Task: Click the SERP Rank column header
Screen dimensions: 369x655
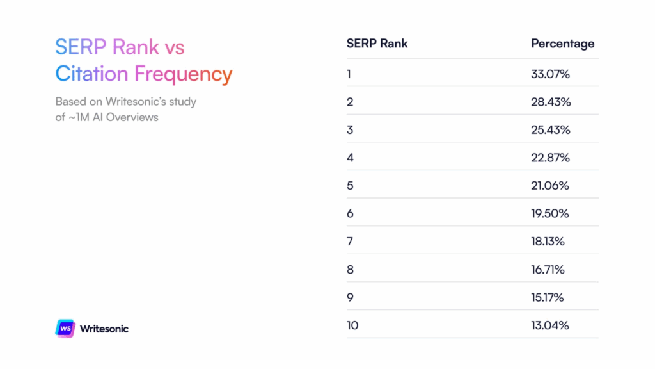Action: tap(377, 44)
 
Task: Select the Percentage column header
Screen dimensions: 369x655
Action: tap(562, 44)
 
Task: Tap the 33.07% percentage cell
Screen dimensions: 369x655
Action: tap(550, 74)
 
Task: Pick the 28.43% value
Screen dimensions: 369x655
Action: tap(551, 102)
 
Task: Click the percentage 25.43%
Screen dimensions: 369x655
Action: tap(551, 129)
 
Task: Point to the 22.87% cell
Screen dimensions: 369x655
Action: tap(551, 158)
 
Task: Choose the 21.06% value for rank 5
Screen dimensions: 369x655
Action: tap(550, 186)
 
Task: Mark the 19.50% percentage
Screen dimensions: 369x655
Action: tap(550, 213)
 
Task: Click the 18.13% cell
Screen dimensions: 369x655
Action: tap(548, 242)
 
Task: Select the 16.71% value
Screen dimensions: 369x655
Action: tap(548, 270)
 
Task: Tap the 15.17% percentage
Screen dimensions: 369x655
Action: tap(548, 297)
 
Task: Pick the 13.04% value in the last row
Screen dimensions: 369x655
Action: tap(550, 325)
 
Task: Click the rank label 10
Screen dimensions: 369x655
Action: tap(352, 325)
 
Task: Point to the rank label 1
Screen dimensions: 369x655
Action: tap(349, 74)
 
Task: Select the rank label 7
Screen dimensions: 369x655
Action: tap(350, 242)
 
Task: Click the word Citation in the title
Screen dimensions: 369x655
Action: tap(91, 74)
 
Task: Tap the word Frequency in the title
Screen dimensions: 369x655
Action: tap(183, 74)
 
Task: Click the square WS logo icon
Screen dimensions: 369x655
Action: tap(65, 328)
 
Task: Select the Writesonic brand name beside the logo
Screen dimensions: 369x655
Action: tap(104, 329)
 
